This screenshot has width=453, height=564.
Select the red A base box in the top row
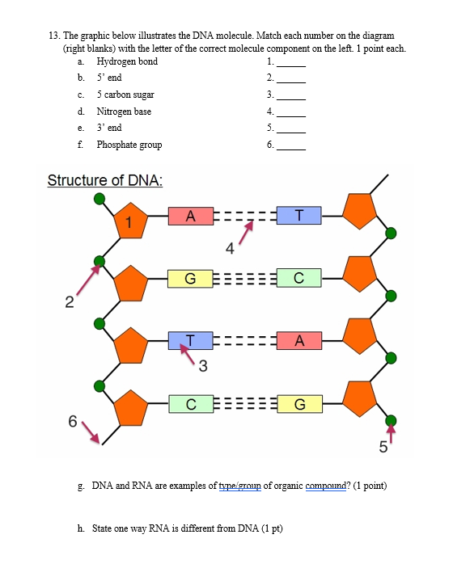click(190, 216)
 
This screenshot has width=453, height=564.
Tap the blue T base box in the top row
click(299, 215)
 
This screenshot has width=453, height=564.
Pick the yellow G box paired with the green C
click(190, 280)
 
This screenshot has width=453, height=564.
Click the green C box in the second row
click(299, 280)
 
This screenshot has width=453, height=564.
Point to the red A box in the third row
click(299, 341)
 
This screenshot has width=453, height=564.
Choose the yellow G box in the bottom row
click(299, 404)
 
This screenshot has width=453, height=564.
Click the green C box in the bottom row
click(190, 403)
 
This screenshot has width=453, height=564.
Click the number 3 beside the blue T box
click(203, 368)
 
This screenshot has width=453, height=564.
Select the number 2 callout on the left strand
click(70, 303)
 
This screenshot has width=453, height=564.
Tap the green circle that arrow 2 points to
click(99, 261)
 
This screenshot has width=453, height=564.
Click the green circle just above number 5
click(392, 421)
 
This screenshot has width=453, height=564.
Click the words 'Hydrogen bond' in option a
click(127, 62)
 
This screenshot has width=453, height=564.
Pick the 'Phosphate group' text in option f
click(129, 145)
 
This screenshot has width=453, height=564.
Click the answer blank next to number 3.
click(291, 95)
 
